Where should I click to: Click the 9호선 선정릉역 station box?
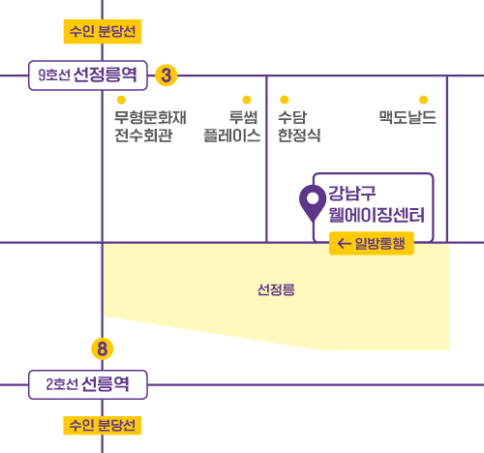[x=88, y=75]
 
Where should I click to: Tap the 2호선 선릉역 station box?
[x=88, y=384]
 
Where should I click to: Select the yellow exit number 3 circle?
[x=166, y=75]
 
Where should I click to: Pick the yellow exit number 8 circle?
[x=103, y=348]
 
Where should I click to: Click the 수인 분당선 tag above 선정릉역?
[x=103, y=31]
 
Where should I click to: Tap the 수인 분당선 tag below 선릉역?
[x=103, y=425]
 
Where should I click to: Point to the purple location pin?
[x=313, y=203]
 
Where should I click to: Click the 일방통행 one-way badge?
[x=372, y=243]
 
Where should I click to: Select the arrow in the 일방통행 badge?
[x=344, y=244]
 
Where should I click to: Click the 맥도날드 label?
[x=408, y=117]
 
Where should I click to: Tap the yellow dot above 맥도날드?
[x=423, y=100]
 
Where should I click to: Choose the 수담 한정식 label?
[x=299, y=126]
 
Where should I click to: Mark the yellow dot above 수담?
[x=285, y=100]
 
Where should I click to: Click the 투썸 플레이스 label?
[x=232, y=126]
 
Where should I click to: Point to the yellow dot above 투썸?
[x=247, y=100]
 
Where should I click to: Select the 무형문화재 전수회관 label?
[x=150, y=126]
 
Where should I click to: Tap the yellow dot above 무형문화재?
[x=121, y=100]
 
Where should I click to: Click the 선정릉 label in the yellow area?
[x=276, y=289]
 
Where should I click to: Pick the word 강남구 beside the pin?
[x=352, y=194]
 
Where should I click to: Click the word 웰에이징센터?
[x=377, y=215]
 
